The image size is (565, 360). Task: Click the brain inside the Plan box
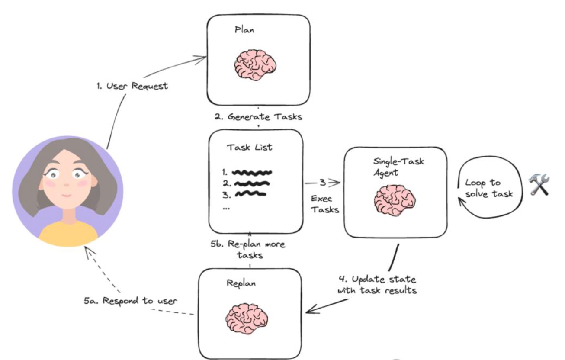click(255, 65)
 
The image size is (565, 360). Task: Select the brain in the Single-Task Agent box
click(394, 199)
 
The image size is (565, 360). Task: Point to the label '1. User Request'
click(132, 86)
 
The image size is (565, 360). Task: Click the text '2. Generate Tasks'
click(258, 117)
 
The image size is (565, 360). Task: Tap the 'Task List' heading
click(250, 147)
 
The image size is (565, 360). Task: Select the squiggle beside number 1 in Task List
click(252, 172)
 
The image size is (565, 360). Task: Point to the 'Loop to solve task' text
click(489, 188)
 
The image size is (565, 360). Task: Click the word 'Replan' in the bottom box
click(241, 283)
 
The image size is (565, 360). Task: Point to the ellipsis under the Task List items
click(225, 208)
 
